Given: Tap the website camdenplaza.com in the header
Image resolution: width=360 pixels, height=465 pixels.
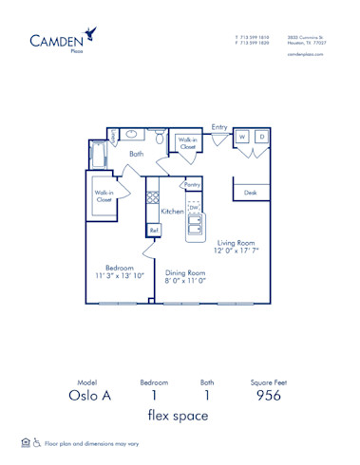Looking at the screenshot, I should (x=305, y=55).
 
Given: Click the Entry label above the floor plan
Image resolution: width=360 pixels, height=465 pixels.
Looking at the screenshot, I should (x=219, y=126).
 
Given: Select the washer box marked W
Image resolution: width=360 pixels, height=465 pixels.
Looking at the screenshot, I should (x=242, y=138).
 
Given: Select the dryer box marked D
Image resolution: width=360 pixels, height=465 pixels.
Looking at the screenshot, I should (x=262, y=138).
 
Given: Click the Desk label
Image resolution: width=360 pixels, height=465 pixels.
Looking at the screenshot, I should (x=250, y=193).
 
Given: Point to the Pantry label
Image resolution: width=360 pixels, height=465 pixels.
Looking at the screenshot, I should (x=193, y=185).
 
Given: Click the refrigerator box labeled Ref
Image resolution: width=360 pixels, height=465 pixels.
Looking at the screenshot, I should (x=153, y=230).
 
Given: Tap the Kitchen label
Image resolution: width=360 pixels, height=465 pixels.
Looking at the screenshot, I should (x=172, y=211).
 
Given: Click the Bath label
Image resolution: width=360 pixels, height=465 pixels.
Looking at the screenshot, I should (x=137, y=153).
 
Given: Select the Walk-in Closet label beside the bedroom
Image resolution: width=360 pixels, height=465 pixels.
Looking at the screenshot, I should (x=104, y=195).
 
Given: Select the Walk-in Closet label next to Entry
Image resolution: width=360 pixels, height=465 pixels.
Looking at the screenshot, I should (x=188, y=143).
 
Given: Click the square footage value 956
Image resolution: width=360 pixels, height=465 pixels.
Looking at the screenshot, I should (x=269, y=397).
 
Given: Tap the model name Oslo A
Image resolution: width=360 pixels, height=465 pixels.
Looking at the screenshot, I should (x=87, y=397).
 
